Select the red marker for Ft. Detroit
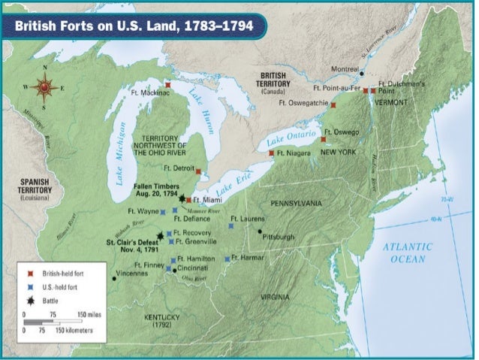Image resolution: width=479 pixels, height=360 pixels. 198,171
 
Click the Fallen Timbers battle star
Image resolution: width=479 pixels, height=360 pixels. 182,198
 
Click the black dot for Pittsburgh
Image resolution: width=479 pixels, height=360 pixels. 261,231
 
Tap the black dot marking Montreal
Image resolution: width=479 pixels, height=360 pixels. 362,74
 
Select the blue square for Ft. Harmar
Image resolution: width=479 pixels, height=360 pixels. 227,259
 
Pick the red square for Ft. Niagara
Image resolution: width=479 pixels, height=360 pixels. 271,153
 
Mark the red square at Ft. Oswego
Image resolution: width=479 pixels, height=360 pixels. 324,139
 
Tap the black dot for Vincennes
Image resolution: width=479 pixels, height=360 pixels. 114,278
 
